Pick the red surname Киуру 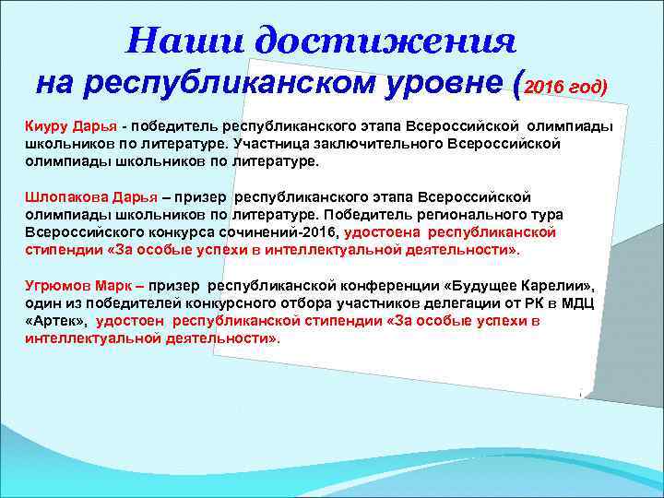tap(44, 124)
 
